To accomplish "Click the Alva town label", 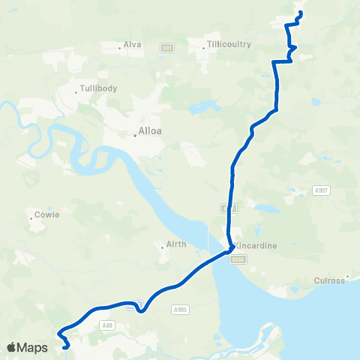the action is [x=133, y=44].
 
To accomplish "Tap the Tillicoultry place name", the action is [x=230, y=44].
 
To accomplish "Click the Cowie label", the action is [x=47, y=214].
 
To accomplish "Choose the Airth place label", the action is [x=175, y=245].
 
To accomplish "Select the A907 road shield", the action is [x=322, y=190].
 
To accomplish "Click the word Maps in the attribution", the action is [x=32, y=347].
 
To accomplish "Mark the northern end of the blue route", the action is [x=300, y=13].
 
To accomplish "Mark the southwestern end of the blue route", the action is [x=67, y=346].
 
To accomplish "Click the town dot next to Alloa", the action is [x=134, y=135].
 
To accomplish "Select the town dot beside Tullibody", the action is [x=77, y=92].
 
